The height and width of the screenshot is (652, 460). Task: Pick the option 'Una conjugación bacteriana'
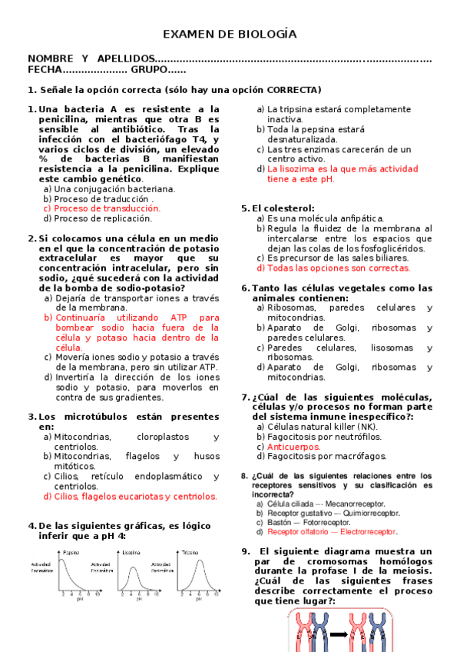coord(114,188)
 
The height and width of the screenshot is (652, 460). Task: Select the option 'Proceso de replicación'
coord(107,218)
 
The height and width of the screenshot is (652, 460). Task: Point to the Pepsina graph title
coord(71,552)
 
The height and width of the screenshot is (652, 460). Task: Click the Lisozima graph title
coord(131,552)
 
